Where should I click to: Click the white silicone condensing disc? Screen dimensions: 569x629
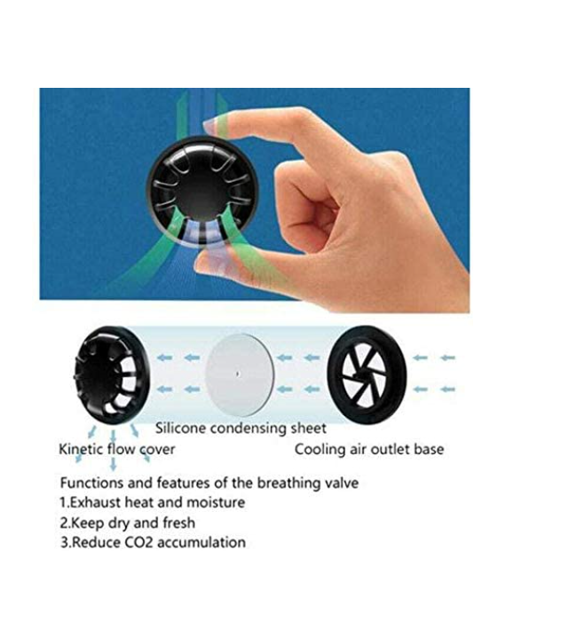[x=240, y=374]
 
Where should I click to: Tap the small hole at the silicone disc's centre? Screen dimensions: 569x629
[x=238, y=374]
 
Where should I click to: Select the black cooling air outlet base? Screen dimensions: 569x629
[x=367, y=374]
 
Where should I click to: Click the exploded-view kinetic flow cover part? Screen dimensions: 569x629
[x=112, y=375]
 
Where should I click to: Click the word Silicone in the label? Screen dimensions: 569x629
[x=180, y=428]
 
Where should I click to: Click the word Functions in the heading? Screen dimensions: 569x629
[x=92, y=483]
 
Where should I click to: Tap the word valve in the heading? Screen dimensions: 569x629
[x=343, y=483]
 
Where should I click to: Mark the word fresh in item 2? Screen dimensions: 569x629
[x=179, y=523]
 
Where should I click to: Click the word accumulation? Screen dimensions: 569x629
[x=202, y=542]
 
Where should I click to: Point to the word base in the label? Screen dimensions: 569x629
[x=429, y=449]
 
